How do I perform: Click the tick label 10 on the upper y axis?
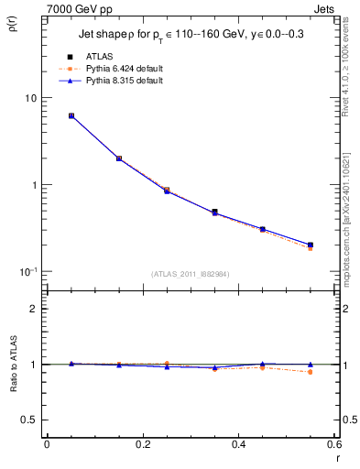[x=31, y=98]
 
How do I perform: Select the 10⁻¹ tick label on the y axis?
[x=29, y=272]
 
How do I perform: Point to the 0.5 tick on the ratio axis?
[x=29, y=420]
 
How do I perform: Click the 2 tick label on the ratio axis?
[x=33, y=309]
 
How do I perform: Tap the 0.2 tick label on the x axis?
[x=142, y=444]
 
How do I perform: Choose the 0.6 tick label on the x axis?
[x=334, y=444]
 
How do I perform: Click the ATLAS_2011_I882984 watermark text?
[x=190, y=274]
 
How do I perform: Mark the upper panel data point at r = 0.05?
[x=71, y=116]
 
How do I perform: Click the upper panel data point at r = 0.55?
[x=311, y=245]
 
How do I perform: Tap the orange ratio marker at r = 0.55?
[x=311, y=372]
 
